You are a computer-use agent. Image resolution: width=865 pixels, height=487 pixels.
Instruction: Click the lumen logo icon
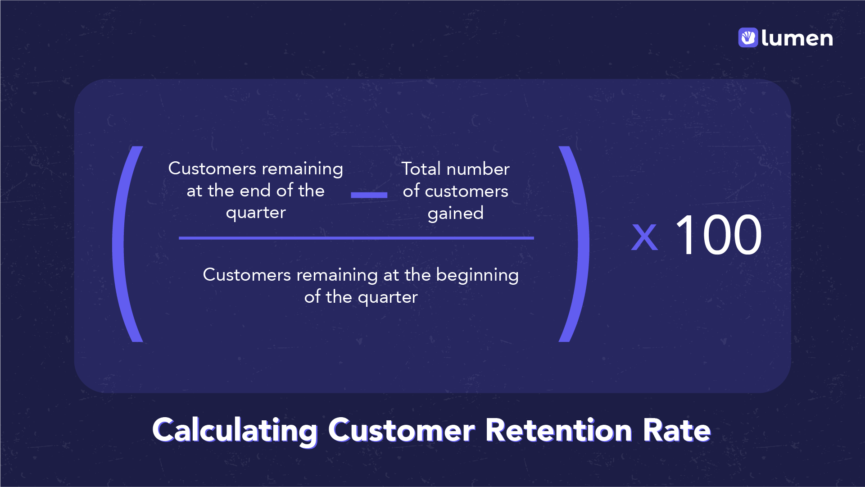[748, 37]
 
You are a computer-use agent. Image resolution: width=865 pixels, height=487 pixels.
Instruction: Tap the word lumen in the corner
[797, 38]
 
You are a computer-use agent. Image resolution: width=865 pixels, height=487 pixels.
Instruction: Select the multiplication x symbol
[644, 237]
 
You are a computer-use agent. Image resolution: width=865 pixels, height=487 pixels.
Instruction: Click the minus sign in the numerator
[369, 195]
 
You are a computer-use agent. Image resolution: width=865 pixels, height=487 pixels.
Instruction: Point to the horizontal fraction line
[356, 238]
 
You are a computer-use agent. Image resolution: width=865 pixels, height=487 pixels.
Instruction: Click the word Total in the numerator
[421, 169]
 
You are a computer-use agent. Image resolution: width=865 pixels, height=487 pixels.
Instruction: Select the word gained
[455, 214]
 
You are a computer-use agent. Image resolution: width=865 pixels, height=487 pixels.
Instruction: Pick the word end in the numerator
[255, 191]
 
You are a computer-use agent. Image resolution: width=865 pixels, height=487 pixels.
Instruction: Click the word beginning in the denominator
[477, 275]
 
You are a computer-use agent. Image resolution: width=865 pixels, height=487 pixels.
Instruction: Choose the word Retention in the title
[558, 430]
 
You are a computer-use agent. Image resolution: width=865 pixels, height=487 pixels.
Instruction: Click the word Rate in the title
[676, 430]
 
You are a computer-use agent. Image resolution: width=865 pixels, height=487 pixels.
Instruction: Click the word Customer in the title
[401, 430]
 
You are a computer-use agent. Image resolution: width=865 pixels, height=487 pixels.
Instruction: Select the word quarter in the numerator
[256, 213]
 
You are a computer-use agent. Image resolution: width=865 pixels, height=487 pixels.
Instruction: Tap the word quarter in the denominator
[388, 297]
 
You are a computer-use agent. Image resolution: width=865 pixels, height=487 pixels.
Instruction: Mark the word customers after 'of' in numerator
[466, 191]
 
